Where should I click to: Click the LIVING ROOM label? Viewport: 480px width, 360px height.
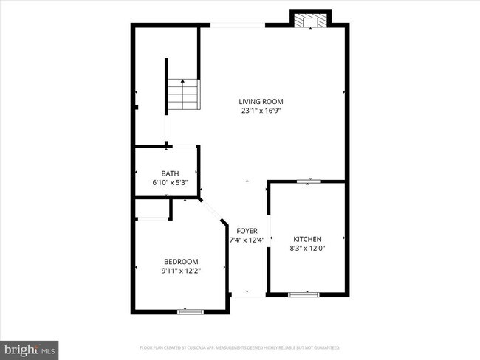pos(261,102)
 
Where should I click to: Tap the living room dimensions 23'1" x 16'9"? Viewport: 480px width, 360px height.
pos(261,111)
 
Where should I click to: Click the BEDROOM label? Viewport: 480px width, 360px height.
pos(181,262)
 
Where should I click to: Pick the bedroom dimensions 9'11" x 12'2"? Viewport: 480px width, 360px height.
pos(181,271)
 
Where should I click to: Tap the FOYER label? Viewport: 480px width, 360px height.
pos(247,231)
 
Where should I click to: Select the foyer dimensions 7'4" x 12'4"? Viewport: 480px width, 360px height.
pos(247,240)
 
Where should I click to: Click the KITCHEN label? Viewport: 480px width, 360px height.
pos(307,239)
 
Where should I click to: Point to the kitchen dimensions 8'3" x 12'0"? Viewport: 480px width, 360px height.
pos(307,248)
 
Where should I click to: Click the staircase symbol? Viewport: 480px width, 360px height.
pos(182,94)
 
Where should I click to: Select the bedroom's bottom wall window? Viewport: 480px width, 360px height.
pos(190,312)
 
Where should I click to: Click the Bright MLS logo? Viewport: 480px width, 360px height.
pos(30,347)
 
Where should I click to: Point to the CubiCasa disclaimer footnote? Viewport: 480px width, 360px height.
pos(239,347)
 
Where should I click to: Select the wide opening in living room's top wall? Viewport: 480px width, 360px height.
pos(238,26)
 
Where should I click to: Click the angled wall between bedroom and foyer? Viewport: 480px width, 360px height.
pos(213,210)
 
